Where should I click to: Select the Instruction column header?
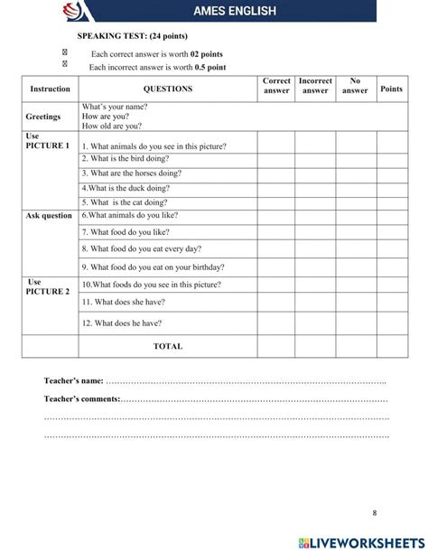click(x=50, y=89)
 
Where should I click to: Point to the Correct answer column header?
click(x=276, y=86)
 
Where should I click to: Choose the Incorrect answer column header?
click(x=315, y=86)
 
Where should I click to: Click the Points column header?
click(x=391, y=89)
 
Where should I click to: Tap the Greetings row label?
click(x=43, y=117)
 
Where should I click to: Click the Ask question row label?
click(x=49, y=216)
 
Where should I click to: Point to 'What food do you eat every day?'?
click(x=141, y=248)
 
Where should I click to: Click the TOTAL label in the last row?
click(x=168, y=346)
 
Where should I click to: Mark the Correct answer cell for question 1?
click(x=276, y=145)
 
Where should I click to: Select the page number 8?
click(x=374, y=513)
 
